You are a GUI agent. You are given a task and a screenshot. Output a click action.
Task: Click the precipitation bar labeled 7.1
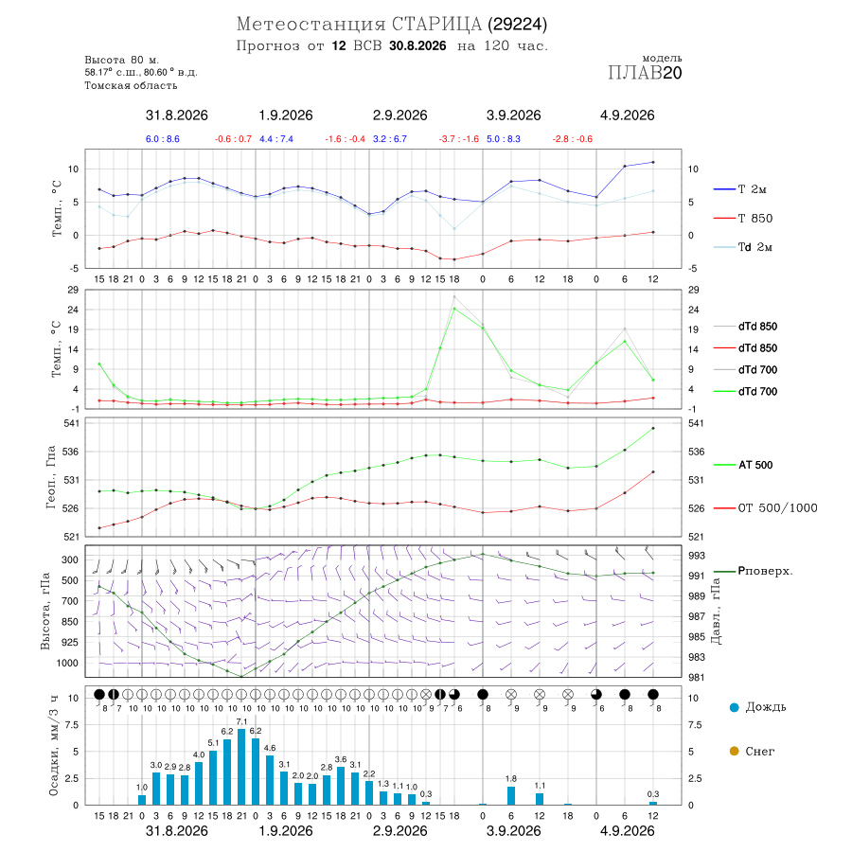click(x=241, y=767)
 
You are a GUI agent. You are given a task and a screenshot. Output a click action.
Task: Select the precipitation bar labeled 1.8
click(x=511, y=795)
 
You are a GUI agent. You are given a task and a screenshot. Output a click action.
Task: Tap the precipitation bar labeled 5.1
click(x=213, y=777)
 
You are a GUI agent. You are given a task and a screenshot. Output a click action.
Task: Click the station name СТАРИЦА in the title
click(x=436, y=24)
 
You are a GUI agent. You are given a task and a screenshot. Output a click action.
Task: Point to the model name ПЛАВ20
click(x=645, y=73)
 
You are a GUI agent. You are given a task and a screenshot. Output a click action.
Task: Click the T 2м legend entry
click(x=740, y=189)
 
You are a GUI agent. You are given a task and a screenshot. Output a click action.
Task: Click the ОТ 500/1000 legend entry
click(x=765, y=508)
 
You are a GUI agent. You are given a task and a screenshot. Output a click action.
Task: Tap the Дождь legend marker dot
click(x=734, y=707)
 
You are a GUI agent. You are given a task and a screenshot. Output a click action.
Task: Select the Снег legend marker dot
click(x=734, y=751)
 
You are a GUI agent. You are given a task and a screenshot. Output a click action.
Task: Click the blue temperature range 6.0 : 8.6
click(x=163, y=139)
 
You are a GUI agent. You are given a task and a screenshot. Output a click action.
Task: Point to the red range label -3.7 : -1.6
click(x=459, y=139)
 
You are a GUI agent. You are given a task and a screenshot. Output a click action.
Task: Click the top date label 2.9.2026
click(x=399, y=115)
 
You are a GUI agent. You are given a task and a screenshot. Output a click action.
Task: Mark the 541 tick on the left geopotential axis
click(x=72, y=423)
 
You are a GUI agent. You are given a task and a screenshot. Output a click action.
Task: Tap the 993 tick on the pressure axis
click(x=697, y=556)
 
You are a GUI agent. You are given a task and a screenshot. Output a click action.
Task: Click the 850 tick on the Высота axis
click(x=69, y=622)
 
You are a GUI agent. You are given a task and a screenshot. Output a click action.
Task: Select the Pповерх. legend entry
click(x=754, y=571)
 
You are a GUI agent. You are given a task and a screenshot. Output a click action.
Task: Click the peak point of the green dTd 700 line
click(x=454, y=309)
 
